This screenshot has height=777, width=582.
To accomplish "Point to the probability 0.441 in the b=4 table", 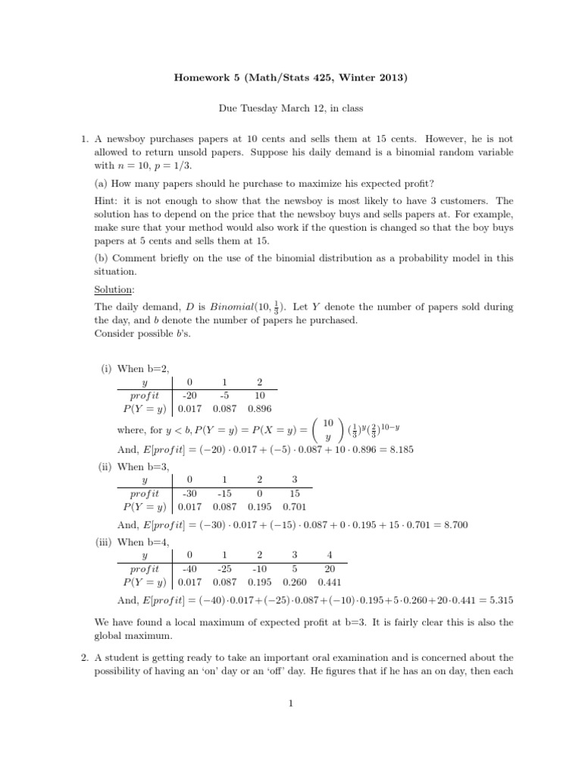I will coord(330,583).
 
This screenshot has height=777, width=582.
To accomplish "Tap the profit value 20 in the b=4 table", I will coord(330,568).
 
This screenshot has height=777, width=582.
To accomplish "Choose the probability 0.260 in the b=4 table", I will coord(296,583).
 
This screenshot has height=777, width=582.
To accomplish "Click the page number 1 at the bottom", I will coord(290,703).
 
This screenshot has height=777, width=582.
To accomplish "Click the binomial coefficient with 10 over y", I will coord(327,429).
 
